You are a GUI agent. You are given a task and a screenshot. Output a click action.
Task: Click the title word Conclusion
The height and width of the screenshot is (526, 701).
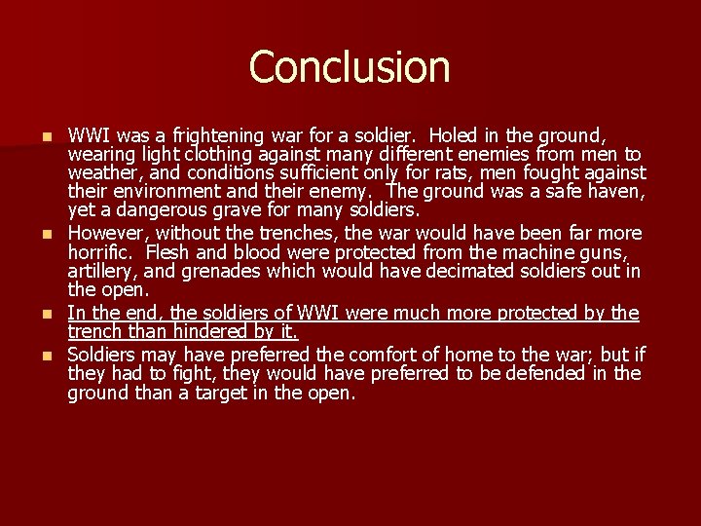tap(350, 66)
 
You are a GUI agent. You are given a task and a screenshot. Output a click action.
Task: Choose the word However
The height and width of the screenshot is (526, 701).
tap(108, 233)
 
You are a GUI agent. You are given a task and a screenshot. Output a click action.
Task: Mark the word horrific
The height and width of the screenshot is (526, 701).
tap(100, 251)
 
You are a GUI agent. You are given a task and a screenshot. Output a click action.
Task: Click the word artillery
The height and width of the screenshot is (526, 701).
tap(101, 270)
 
